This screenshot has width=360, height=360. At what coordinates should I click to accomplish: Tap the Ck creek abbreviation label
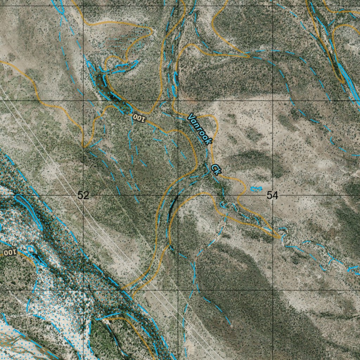[x=216, y=169]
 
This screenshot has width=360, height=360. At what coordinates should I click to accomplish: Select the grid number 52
[x=83, y=195]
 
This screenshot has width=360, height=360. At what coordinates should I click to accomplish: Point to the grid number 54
[x=272, y=195]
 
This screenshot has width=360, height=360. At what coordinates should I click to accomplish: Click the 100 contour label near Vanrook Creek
[x=139, y=117]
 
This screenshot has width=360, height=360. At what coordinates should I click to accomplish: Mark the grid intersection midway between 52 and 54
[x=178, y=195]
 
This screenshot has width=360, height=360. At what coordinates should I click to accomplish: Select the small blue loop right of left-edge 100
[x=31, y=249]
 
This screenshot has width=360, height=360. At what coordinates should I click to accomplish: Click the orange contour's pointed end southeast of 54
[x=279, y=237]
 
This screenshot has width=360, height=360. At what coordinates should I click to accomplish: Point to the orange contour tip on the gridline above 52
[x=84, y=146]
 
